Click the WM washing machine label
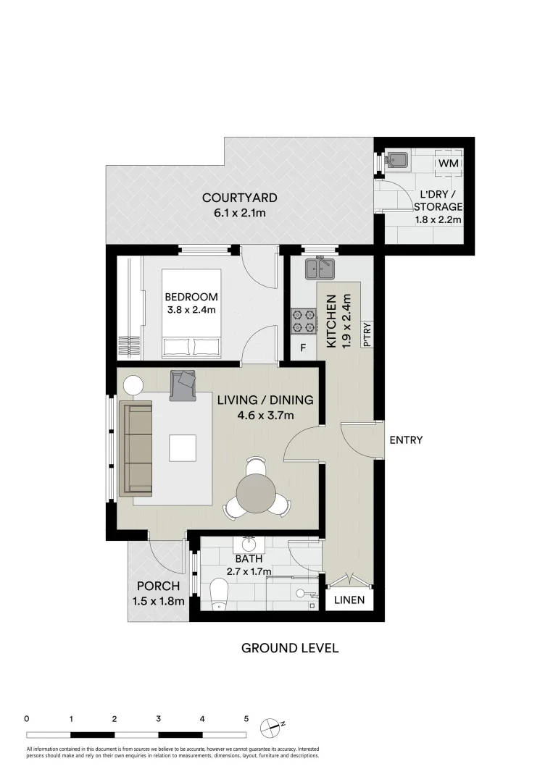449,164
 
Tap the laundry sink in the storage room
397,161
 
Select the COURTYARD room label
239,198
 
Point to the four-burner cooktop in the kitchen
304,321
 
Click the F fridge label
303,348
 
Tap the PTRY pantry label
367,335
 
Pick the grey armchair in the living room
183,385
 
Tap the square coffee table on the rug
183,447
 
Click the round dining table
257,492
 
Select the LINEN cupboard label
349,601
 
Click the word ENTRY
405,440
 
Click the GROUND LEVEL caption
289,648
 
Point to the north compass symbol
274,724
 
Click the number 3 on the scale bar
158,719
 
